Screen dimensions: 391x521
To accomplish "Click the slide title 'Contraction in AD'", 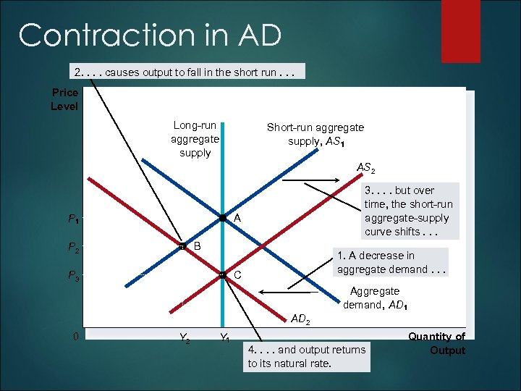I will [150, 35].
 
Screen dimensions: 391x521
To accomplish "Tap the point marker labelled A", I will [223, 218].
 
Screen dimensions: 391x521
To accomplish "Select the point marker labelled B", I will [182, 247].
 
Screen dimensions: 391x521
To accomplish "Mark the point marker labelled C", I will [223, 275].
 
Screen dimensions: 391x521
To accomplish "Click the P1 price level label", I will [74, 219].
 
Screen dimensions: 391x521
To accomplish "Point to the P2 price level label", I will [74, 248].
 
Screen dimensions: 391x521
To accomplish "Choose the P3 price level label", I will [74, 275].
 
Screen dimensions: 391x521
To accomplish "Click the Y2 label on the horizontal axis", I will [185, 338].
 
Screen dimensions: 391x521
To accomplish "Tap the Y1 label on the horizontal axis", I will [225, 338].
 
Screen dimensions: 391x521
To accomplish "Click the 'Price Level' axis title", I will [65, 99].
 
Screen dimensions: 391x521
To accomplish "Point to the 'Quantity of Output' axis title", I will [437, 343].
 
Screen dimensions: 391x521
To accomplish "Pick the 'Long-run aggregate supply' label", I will [195, 139].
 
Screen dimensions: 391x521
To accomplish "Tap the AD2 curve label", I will [300, 319].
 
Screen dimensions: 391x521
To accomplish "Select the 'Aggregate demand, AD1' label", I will [375, 298].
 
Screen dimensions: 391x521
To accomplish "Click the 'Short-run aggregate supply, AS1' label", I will [315, 134].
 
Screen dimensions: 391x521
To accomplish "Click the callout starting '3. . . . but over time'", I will [408, 211].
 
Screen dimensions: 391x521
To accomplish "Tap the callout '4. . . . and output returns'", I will [307, 356].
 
